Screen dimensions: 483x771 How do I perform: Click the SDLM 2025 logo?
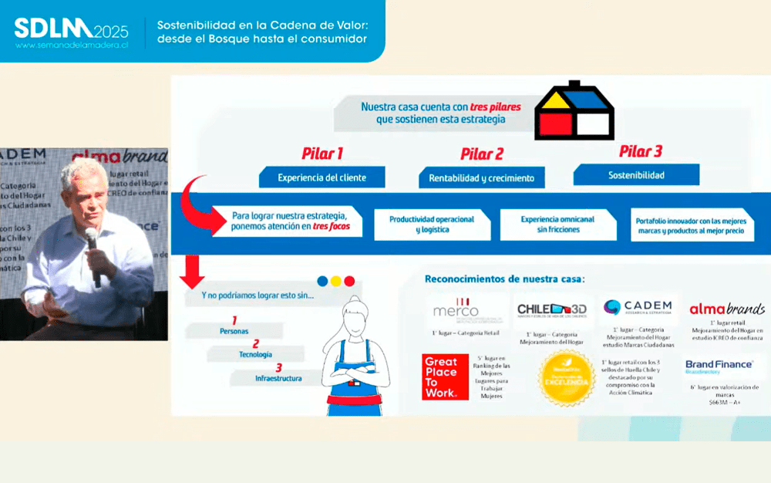(71, 29)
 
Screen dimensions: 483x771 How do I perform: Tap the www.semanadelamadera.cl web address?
(71, 46)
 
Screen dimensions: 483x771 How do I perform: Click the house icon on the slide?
(574, 111)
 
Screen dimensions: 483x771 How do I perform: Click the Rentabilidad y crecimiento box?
(481, 178)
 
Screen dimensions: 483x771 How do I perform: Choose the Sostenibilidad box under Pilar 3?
(636, 175)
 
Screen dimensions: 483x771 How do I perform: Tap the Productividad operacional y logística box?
(430, 225)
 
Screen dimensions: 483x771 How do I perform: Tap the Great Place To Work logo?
(445, 377)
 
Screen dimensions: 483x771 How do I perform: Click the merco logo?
(456, 310)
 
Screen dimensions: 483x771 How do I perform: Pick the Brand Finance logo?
(719, 365)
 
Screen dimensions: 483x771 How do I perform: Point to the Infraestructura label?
(278, 379)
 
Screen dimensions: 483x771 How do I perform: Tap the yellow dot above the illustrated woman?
(335, 281)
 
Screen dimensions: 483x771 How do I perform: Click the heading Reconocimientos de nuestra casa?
(504, 278)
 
